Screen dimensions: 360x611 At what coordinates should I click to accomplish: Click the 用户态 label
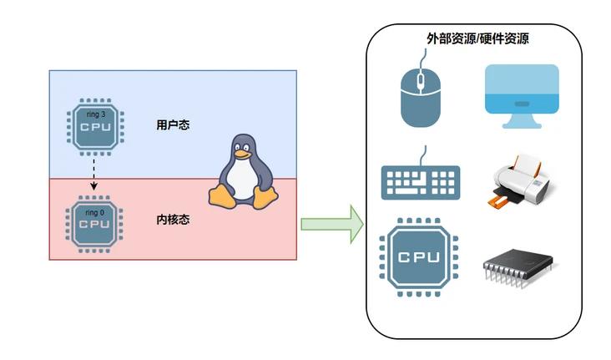tap(173, 125)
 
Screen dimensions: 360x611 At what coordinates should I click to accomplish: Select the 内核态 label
tap(173, 221)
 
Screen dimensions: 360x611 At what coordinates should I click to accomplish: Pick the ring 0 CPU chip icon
tap(93, 223)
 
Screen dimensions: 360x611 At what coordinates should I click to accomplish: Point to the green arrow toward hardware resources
tap(331, 224)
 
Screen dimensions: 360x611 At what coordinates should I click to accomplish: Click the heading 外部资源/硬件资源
tap(473, 38)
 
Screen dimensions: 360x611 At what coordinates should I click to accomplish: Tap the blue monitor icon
tap(522, 93)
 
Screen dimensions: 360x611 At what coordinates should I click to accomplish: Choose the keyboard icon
tap(420, 181)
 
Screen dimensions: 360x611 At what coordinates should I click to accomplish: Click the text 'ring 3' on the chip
tap(95, 114)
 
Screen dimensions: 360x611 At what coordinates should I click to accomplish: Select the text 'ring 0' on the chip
tap(94, 212)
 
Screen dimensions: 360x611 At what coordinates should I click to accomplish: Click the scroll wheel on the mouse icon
tap(420, 81)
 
